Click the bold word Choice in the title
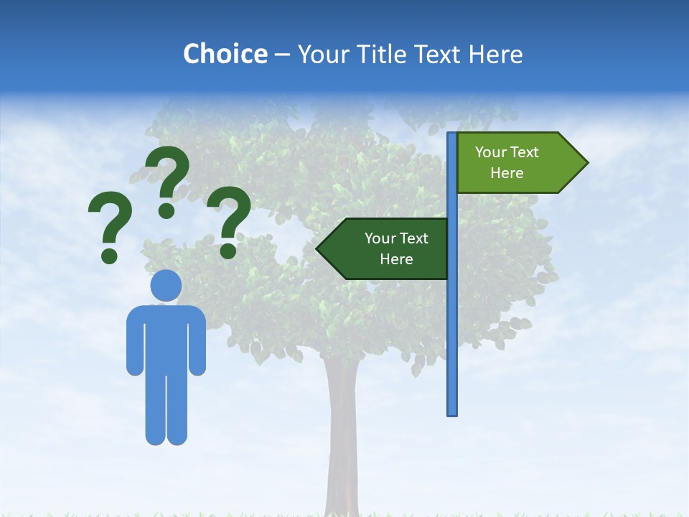click(225, 54)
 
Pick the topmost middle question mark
click(167, 180)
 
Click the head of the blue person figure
click(166, 286)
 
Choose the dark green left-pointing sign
click(388, 248)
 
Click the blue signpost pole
click(452, 337)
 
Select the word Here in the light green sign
click(507, 173)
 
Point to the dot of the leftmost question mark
click(109, 255)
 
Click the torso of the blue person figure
click(166, 337)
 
